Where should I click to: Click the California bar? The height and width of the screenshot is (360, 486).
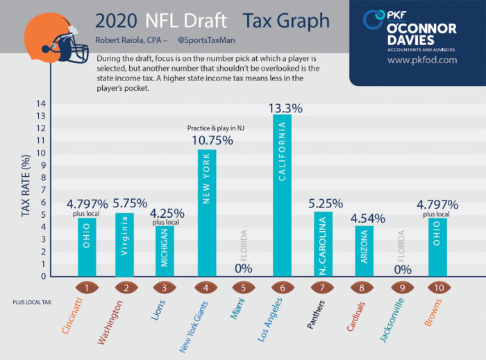[x=282, y=196]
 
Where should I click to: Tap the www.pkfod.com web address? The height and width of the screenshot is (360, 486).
[x=421, y=60]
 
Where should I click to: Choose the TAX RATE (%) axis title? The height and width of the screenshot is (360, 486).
[x=26, y=187]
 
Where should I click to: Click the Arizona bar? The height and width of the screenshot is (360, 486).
[x=360, y=251]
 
